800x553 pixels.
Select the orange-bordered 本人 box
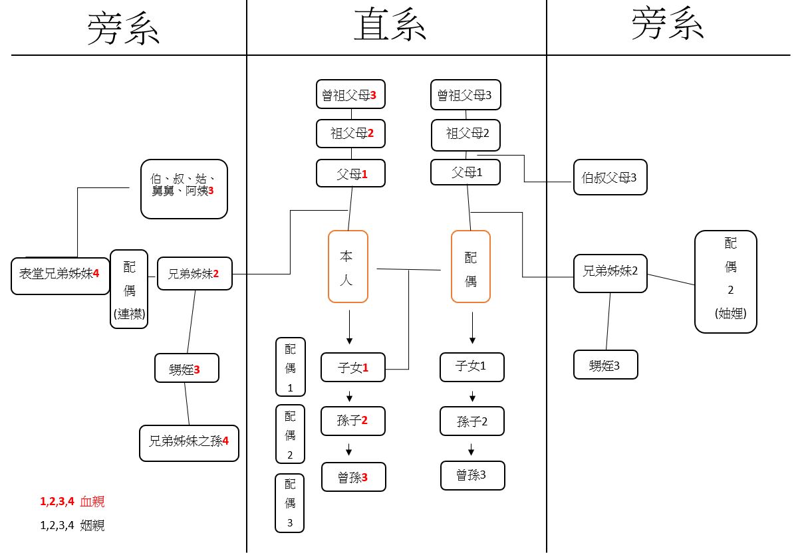point(348,267)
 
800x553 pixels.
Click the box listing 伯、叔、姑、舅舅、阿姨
point(184,189)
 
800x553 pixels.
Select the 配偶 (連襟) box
point(129,289)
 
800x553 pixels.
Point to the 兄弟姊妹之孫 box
point(189,443)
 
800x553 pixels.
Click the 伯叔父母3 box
point(610,178)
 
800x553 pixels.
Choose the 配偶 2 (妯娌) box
point(726,281)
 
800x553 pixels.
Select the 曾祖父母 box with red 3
point(350,94)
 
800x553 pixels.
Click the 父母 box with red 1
point(350,174)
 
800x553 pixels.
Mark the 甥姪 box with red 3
point(187,368)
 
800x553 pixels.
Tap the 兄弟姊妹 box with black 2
point(610,273)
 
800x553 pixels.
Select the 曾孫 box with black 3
point(472,475)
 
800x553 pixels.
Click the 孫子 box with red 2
point(353,421)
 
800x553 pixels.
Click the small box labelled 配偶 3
point(290,502)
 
